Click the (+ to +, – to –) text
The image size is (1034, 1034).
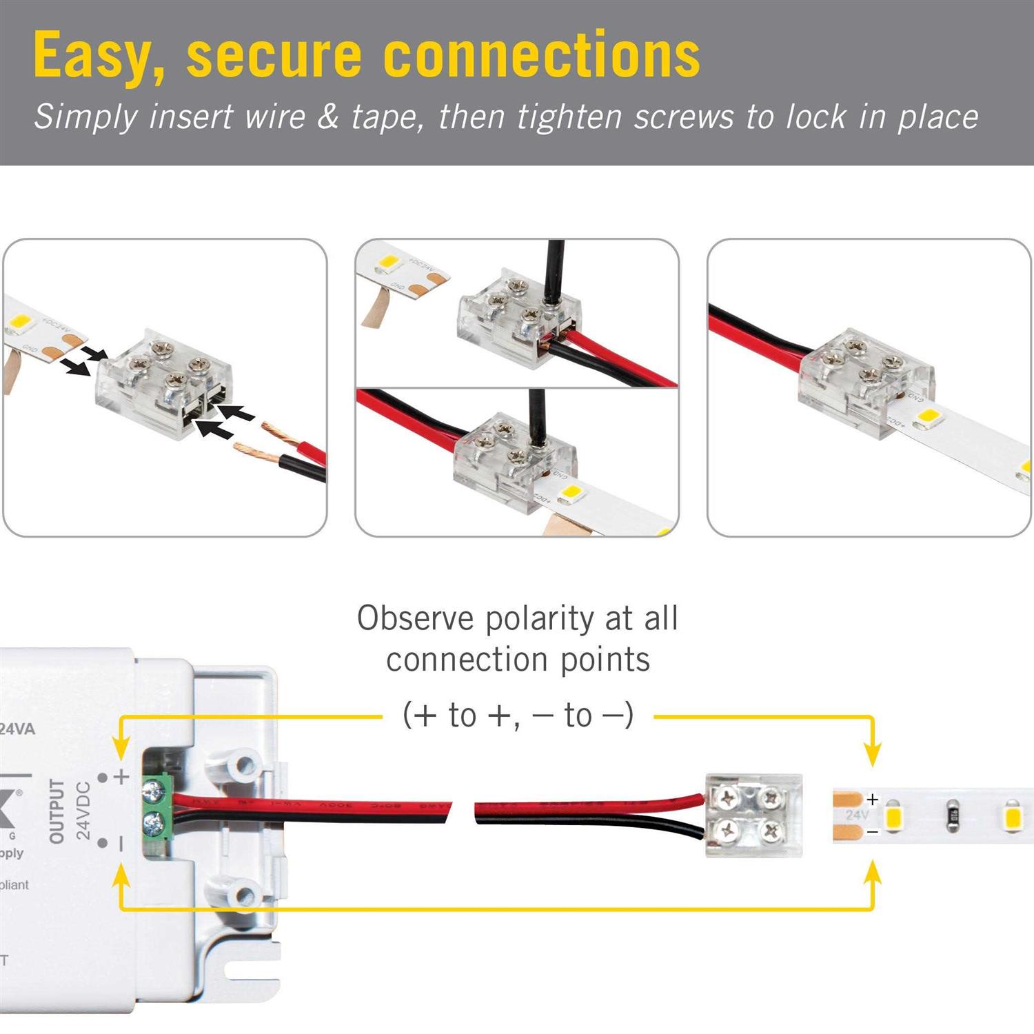[x=518, y=715]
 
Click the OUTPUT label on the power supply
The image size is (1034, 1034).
[x=57, y=811]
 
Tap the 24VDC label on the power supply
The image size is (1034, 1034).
[x=83, y=811]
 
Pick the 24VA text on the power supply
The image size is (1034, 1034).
[x=17, y=729]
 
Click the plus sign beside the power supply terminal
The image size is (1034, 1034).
[x=122, y=777]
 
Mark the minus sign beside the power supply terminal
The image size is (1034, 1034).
[x=122, y=843]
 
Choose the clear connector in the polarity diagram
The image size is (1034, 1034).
[x=753, y=815]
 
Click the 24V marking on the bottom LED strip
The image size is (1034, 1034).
[x=857, y=815]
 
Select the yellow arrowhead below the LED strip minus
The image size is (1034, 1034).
[x=873, y=872]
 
